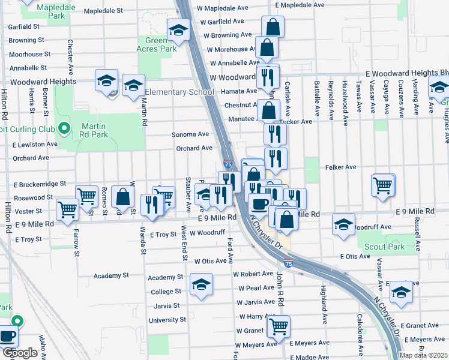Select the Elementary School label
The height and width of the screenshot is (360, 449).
point(179,92)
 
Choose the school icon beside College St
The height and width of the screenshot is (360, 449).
point(201,284)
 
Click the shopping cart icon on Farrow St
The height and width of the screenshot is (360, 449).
point(67,209)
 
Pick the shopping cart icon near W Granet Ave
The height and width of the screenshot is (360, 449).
point(279,326)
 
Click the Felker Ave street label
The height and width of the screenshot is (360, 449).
point(341,167)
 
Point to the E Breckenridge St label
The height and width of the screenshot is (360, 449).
point(40,184)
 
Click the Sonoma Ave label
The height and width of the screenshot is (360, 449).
point(190,134)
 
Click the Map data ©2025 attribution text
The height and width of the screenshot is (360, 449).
point(424,355)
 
